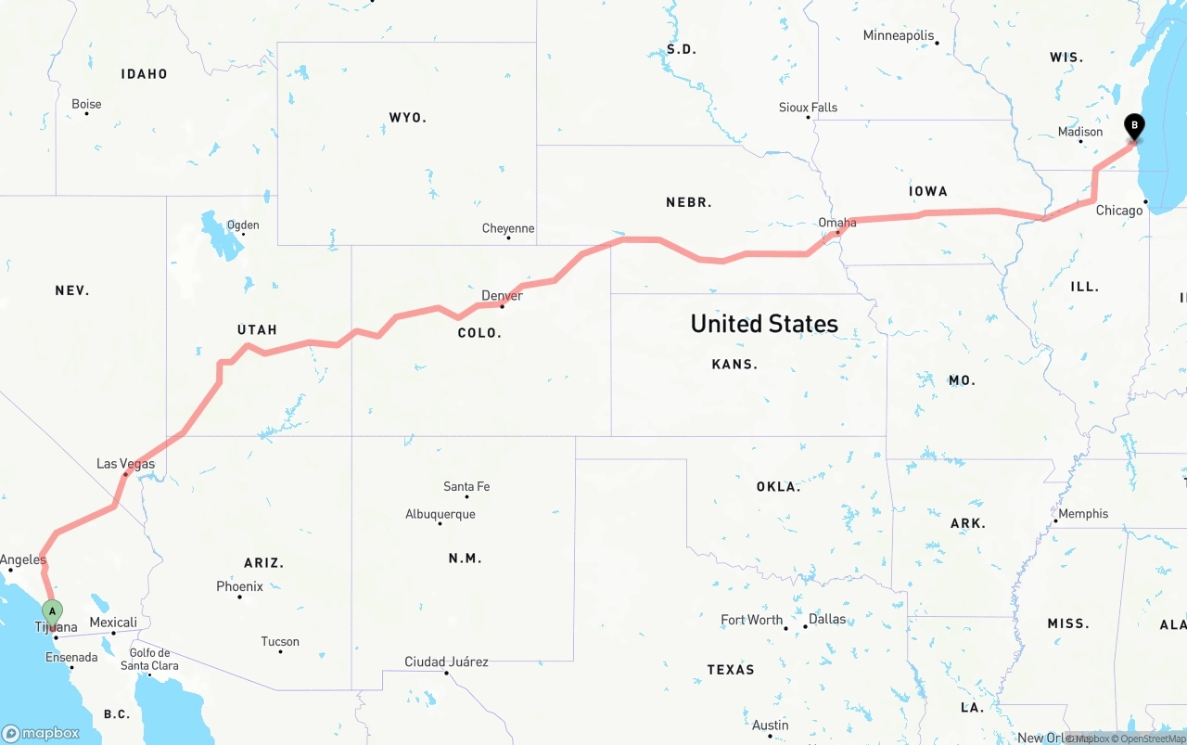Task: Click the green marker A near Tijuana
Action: (x=53, y=611)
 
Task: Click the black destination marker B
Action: (x=1134, y=126)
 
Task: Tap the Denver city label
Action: (x=502, y=296)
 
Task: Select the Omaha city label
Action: (x=837, y=223)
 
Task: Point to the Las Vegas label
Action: (x=126, y=464)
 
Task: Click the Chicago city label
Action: (x=1119, y=211)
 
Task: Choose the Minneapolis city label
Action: (x=899, y=36)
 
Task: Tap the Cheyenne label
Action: (x=508, y=229)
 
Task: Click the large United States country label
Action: (x=764, y=324)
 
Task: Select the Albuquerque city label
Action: (x=440, y=514)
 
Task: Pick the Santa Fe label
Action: (x=466, y=486)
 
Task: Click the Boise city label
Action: (x=86, y=105)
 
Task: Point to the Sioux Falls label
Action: (x=808, y=108)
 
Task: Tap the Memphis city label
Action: (x=1083, y=514)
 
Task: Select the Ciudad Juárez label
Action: (x=446, y=662)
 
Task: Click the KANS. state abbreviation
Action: (x=734, y=365)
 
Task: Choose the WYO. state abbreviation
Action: (x=407, y=118)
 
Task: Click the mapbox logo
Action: (x=41, y=733)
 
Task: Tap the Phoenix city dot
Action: (x=239, y=597)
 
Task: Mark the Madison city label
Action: (x=1080, y=132)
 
